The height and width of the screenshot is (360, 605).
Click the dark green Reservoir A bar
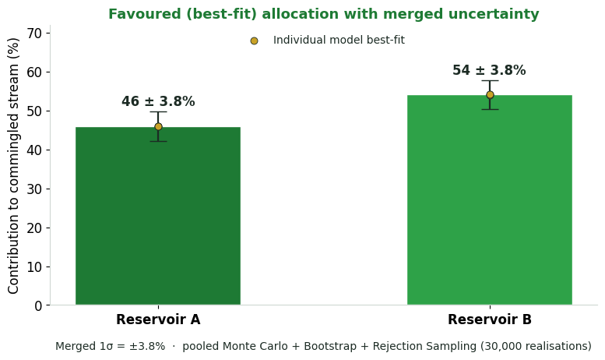[x=158, y=216]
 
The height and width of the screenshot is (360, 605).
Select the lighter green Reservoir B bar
[x=490, y=199]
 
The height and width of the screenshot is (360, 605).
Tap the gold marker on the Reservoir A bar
[x=158, y=127]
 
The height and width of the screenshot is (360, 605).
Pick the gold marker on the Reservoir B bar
[x=490, y=94]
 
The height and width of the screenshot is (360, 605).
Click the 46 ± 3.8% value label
[x=158, y=101]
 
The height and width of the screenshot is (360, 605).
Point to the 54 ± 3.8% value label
[x=489, y=70]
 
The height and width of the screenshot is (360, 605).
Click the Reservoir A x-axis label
[x=158, y=319]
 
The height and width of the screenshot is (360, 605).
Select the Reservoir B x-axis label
[x=490, y=319]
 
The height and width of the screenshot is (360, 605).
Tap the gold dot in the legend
[x=254, y=41]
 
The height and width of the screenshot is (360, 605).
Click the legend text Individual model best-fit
[x=339, y=41]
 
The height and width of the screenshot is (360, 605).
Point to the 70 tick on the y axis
[x=34, y=34]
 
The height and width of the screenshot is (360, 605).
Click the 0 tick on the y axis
[x=38, y=306]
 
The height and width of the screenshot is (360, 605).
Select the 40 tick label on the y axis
[x=34, y=150]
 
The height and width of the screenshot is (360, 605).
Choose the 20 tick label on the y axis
[x=34, y=228]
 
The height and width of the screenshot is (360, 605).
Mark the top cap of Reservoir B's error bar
[x=490, y=81]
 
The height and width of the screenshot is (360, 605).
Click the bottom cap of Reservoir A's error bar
[x=158, y=141]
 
